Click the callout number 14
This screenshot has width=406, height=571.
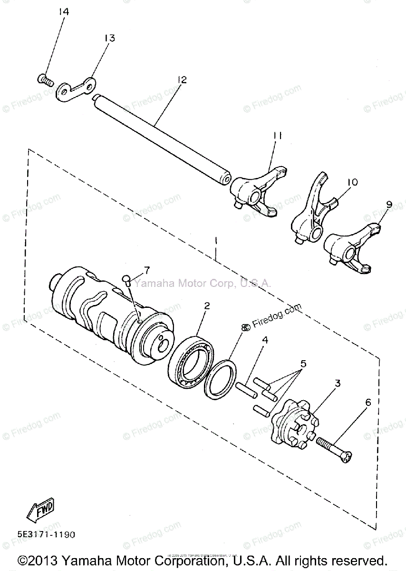[x=64, y=12]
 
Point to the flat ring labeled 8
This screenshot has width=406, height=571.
[x=219, y=378]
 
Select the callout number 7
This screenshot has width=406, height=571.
[x=146, y=270]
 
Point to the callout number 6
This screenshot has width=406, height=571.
[x=367, y=402]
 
